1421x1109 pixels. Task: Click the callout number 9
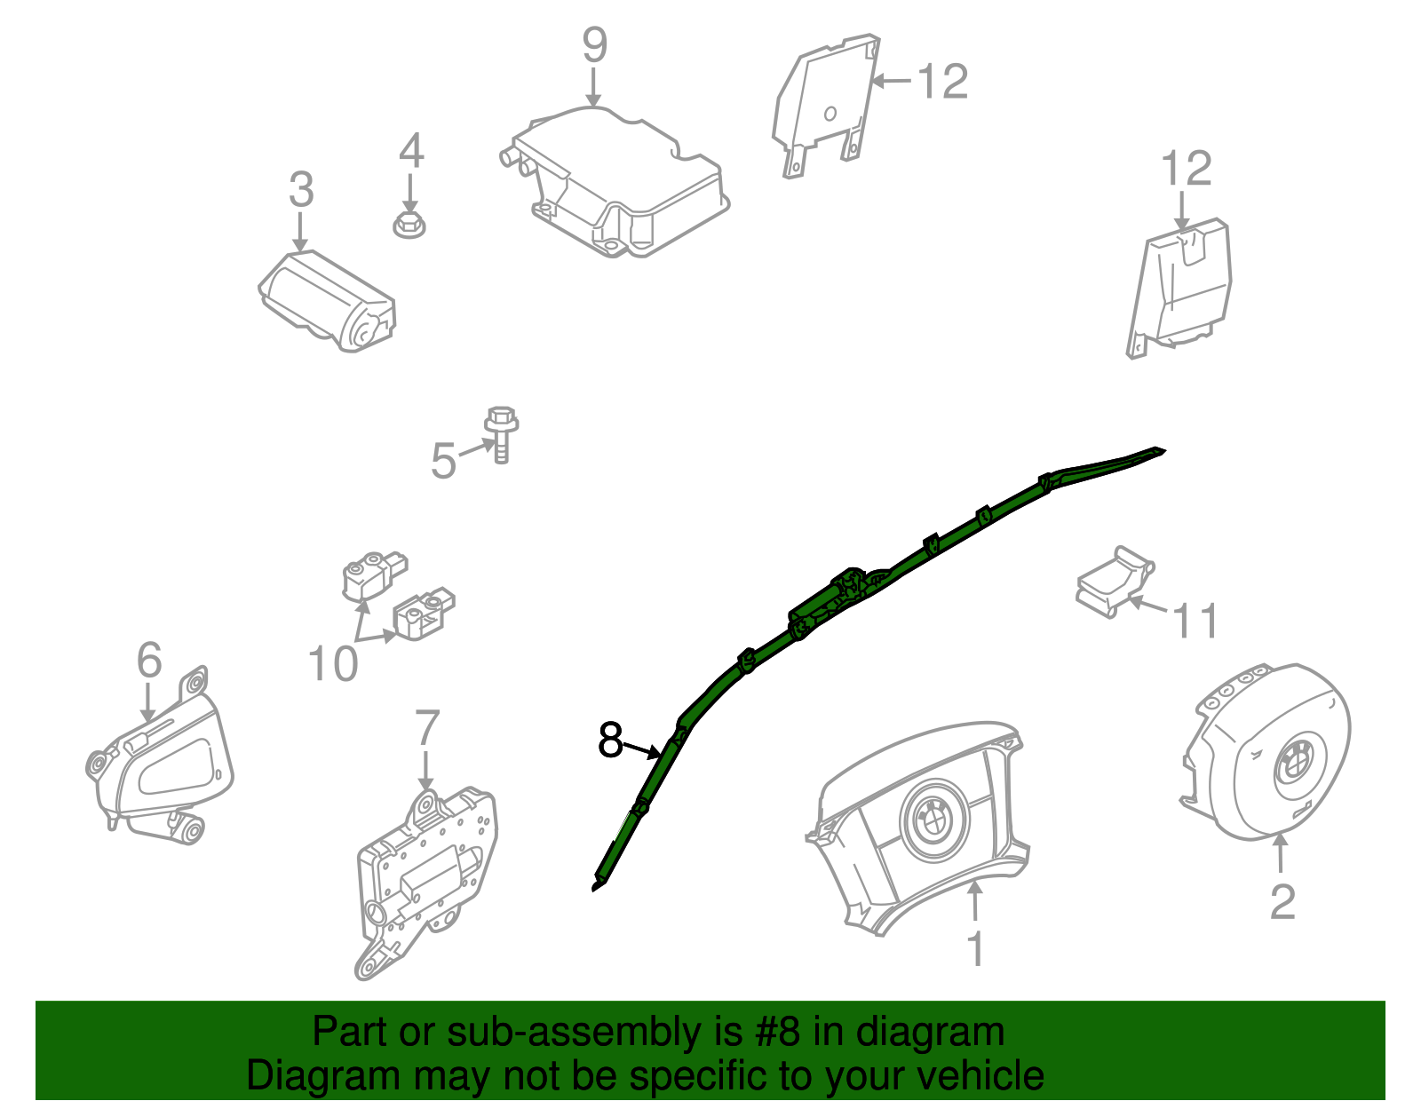pyautogui.click(x=594, y=45)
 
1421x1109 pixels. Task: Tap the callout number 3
pyautogui.click(x=301, y=189)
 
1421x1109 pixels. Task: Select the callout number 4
pyautogui.click(x=410, y=150)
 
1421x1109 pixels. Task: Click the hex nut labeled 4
pyautogui.click(x=409, y=225)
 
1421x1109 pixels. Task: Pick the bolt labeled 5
pyautogui.click(x=502, y=434)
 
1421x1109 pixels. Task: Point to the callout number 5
pyautogui.click(x=443, y=460)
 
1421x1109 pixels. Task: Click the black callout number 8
pyautogui.click(x=610, y=740)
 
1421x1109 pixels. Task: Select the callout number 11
pyautogui.click(x=1196, y=620)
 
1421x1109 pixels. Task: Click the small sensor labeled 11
pyautogui.click(x=1115, y=582)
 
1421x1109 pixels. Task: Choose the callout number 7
pyautogui.click(x=427, y=727)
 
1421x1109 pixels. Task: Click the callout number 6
pyautogui.click(x=149, y=660)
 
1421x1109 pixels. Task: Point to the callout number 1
pyautogui.click(x=976, y=949)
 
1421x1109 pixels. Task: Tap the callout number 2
pyautogui.click(x=1282, y=902)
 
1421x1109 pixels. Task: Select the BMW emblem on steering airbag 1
pyautogui.click(x=933, y=818)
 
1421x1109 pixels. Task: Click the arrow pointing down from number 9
pyautogui.click(x=594, y=87)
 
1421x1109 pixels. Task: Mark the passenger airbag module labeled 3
pyautogui.click(x=327, y=301)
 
